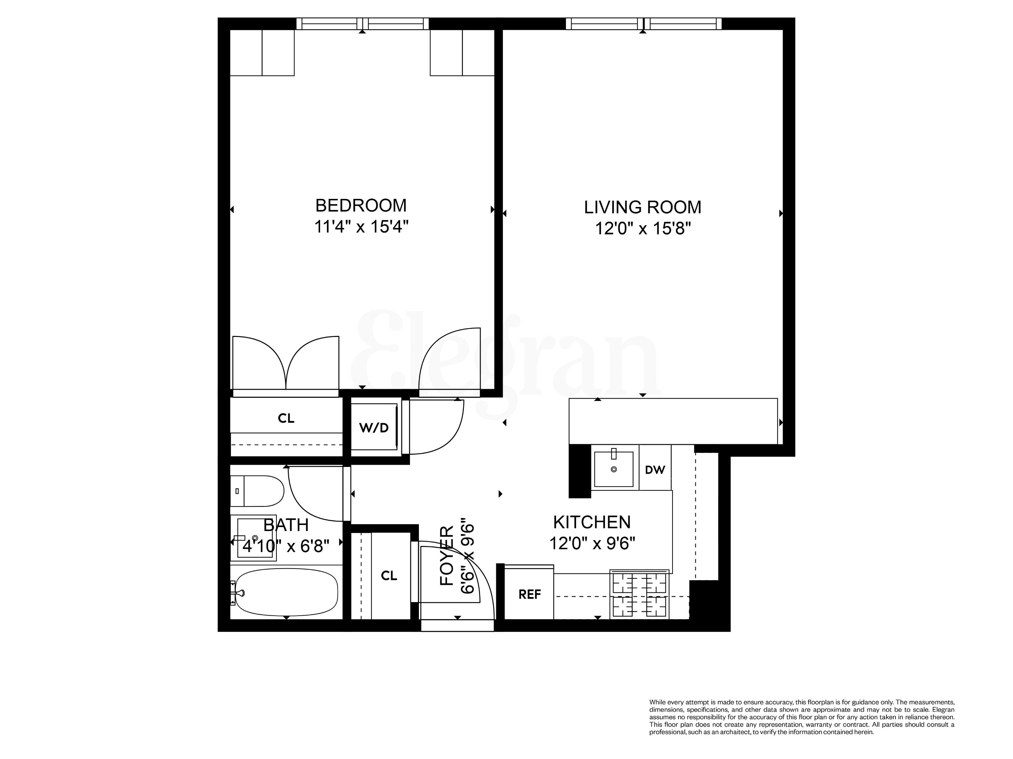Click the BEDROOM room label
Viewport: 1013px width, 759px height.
point(361,206)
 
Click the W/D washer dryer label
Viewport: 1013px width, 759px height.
point(374,428)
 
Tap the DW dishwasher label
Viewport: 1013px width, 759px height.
point(655,470)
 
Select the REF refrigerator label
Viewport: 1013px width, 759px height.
point(529,594)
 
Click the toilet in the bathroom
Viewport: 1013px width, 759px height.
point(257,491)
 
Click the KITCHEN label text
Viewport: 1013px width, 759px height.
point(592,522)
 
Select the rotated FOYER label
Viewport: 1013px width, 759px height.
point(446,556)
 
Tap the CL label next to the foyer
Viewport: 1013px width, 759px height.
point(389,576)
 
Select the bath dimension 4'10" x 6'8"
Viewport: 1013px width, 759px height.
point(286,546)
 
